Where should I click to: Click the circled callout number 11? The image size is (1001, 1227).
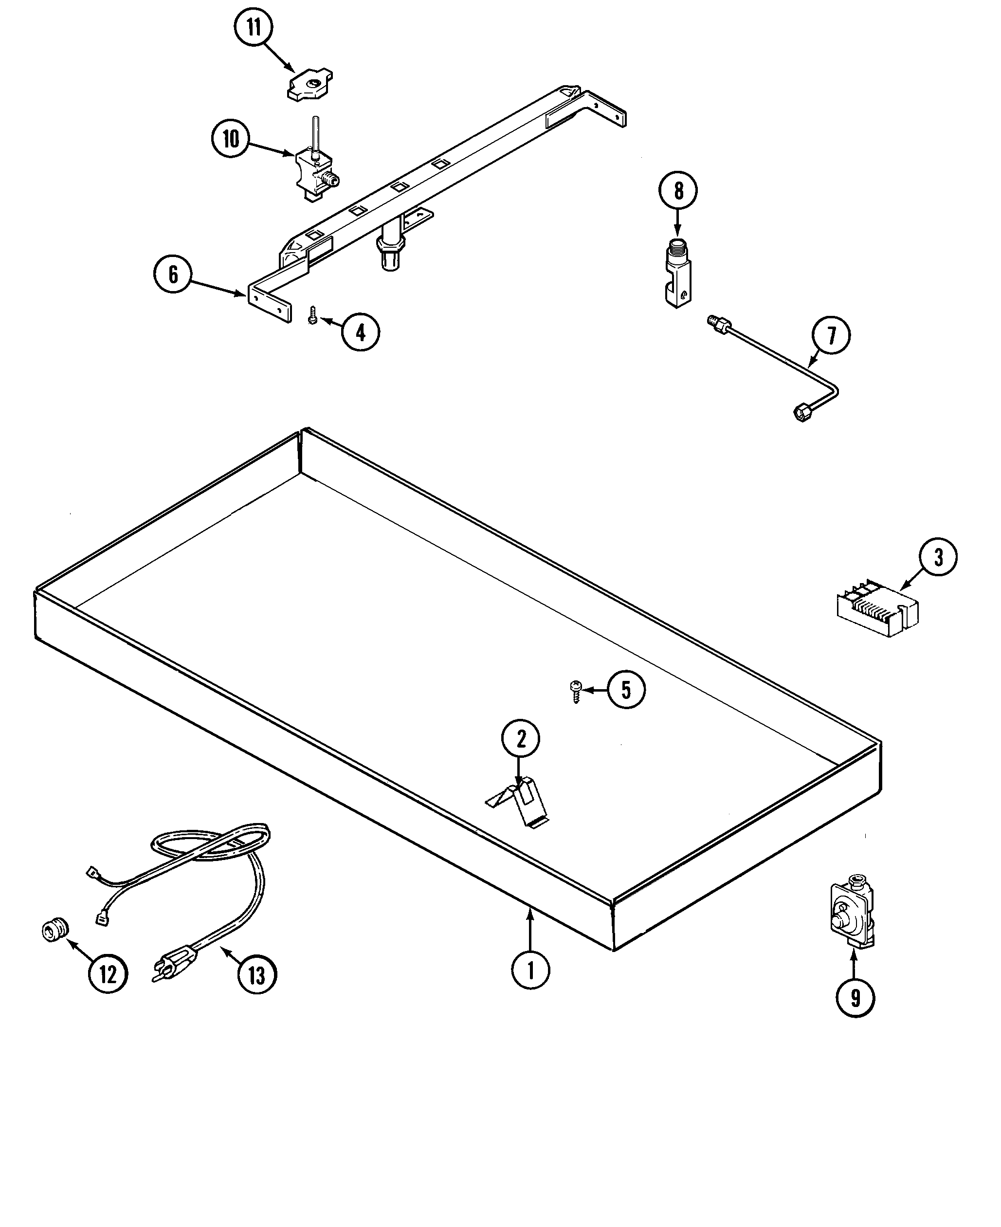254,28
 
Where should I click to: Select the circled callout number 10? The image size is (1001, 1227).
231,139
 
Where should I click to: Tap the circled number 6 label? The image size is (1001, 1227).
173,275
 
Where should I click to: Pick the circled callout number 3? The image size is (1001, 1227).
938,558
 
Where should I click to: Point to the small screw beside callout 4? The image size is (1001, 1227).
312,316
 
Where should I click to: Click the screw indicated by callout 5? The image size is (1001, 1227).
575,691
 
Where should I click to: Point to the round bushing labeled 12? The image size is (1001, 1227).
56,931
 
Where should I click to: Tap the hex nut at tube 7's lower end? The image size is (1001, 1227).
801,413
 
